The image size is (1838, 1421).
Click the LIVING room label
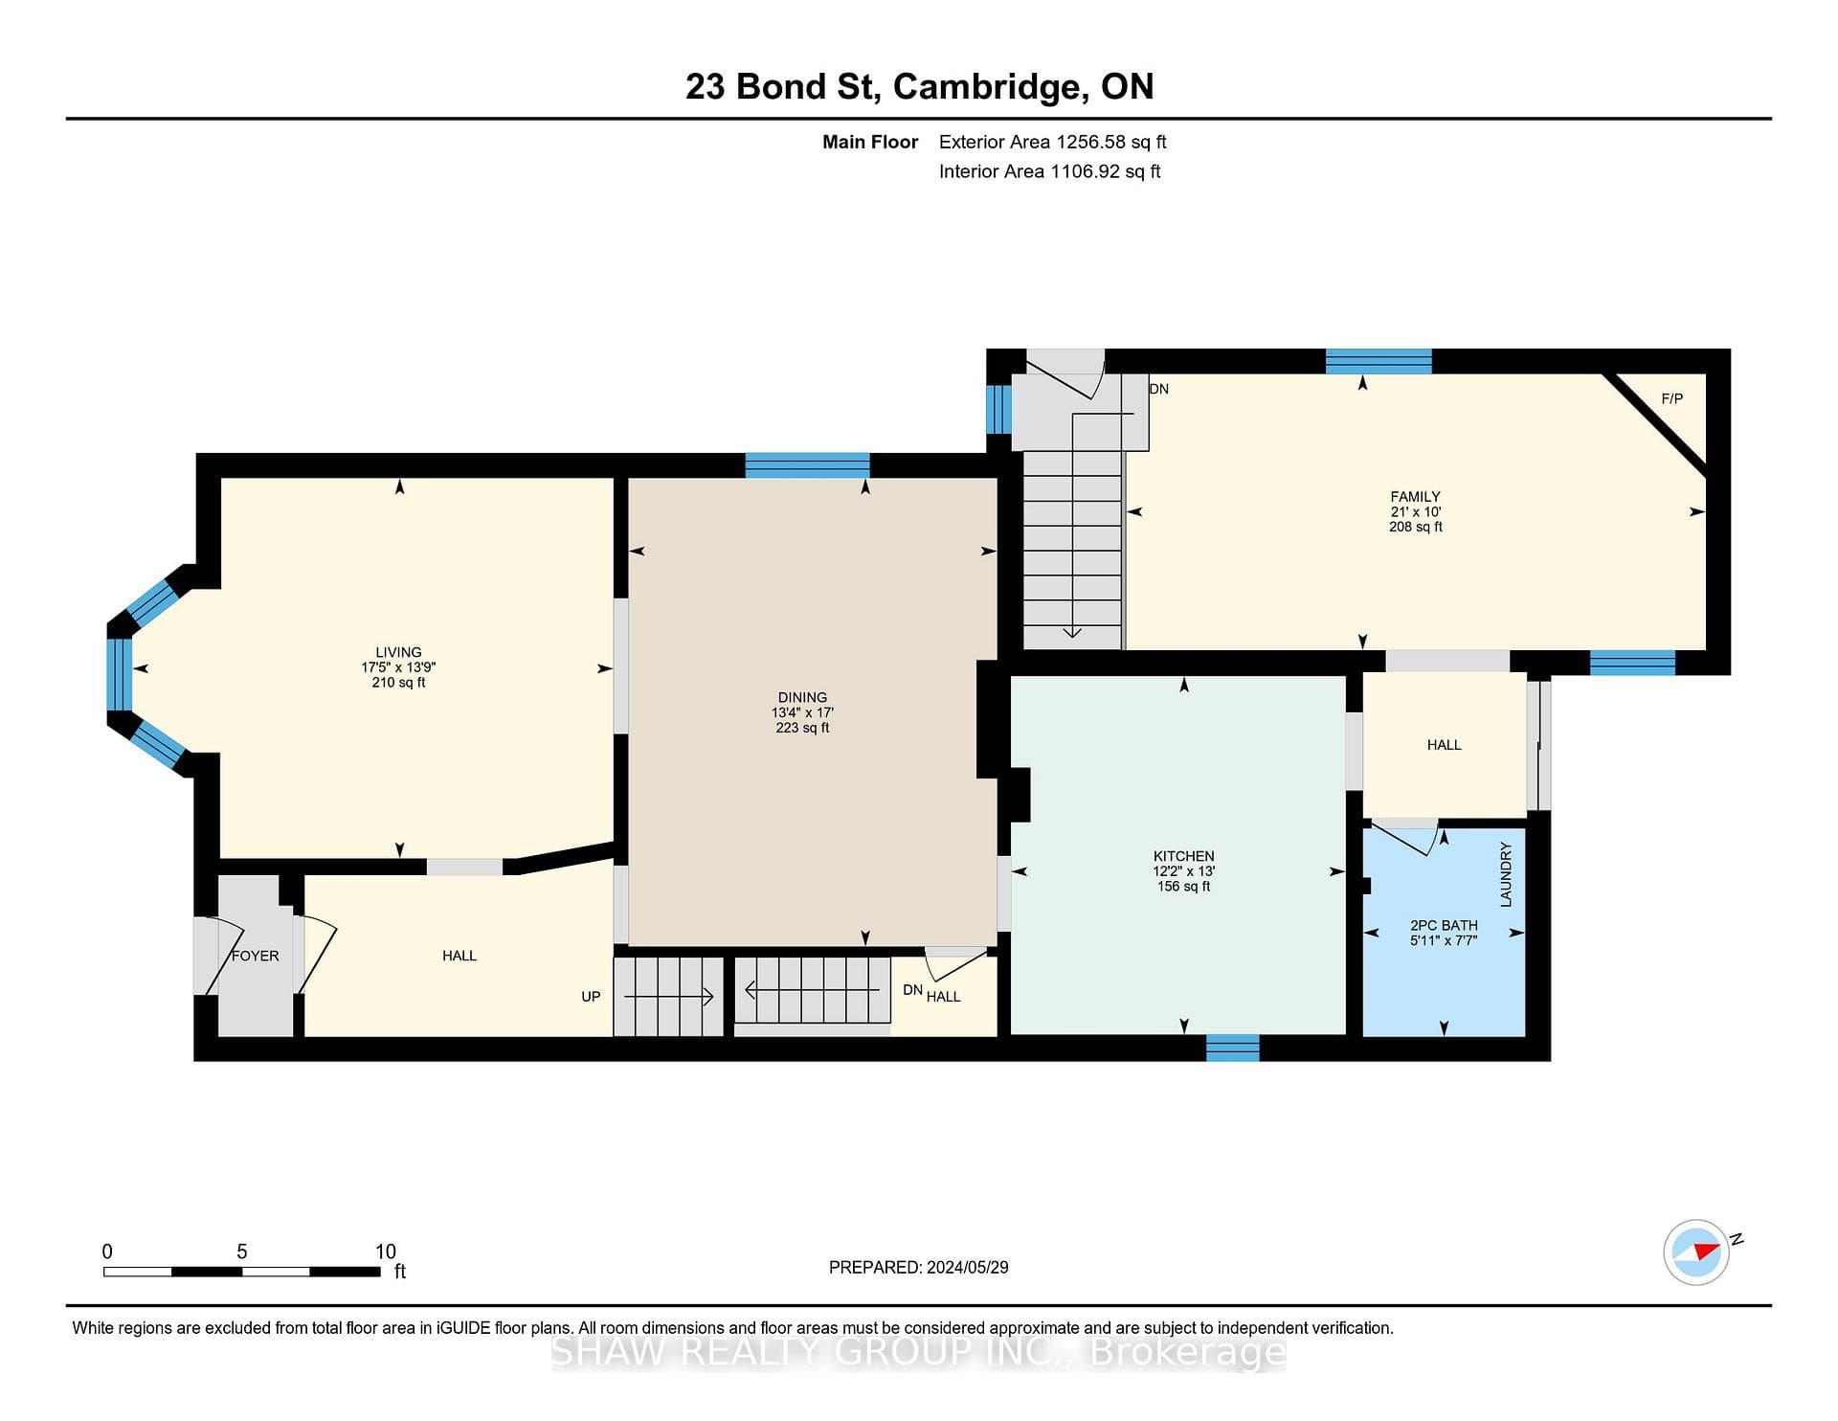(x=398, y=652)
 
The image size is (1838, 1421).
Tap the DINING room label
(x=802, y=697)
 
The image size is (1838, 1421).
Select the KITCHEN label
(x=1184, y=856)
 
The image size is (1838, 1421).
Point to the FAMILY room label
(x=1416, y=496)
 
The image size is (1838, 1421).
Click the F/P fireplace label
(x=1672, y=398)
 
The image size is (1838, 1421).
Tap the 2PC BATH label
(x=1444, y=925)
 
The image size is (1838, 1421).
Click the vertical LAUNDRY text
(x=1506, y=874)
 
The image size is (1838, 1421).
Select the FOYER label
(x=256, y=956)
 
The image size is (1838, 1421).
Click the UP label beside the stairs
(x=591, y=997)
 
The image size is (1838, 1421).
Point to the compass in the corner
(x=1697, y=1252)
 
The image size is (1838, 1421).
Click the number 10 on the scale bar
(x=385, y=1252)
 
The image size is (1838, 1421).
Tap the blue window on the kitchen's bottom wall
(x=1233, y=1048)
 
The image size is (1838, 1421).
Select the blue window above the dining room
(x=808, y=465)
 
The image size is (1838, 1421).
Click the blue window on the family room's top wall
(x=1378, y=361)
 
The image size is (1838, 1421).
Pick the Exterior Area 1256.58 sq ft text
(x=1053, y=142)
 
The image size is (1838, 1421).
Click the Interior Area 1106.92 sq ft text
(x=1050, y=171)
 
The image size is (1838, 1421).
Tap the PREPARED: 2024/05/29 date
(x=919, y=1267)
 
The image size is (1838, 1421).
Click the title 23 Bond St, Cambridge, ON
(x=920, y=86)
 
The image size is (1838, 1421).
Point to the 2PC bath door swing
(x=1407, y=837)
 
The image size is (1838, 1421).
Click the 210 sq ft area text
(x=398, y=683)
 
